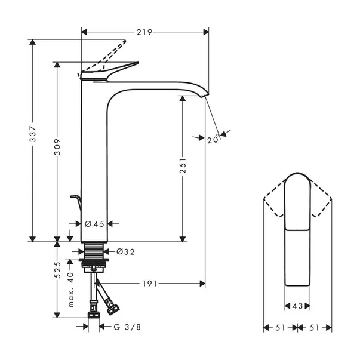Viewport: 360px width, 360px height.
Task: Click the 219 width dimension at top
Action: click(144, 31)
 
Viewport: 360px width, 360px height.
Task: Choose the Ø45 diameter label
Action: click(94, 224)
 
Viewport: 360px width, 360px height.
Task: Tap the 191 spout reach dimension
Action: click(150, 284)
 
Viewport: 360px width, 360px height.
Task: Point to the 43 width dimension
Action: click(297, 306)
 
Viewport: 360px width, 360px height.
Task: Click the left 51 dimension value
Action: click(281, 328)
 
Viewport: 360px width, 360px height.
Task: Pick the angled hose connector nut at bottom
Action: click(112, 309)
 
